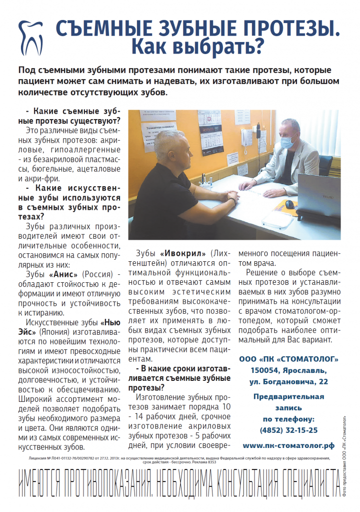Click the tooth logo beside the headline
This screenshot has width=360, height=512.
pos(31,37)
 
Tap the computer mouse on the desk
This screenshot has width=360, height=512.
pos(289,203)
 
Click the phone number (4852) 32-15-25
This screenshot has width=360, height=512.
pos(288,429)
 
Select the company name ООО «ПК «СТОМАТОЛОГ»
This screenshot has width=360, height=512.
pos(288,359)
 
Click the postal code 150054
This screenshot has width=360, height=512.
pos(269,370)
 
